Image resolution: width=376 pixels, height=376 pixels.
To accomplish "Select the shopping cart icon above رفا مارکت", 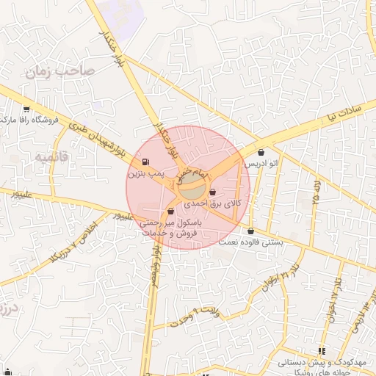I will (26, 107).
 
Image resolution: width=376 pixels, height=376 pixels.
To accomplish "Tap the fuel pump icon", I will (144, 162).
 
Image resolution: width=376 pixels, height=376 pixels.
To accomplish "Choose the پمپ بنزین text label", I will (143, 174).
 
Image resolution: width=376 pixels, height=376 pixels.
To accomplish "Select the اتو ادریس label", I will (261, 162).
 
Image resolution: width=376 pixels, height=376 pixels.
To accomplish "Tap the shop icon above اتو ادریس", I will (261, 152).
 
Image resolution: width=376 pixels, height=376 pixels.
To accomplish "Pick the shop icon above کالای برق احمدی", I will (213, 192).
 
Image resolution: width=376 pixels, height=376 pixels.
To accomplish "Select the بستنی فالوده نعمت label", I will (253, 242).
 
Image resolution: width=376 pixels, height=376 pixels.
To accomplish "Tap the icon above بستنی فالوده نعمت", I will (251, 232).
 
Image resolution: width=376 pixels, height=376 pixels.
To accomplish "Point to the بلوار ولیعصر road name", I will (155, 272).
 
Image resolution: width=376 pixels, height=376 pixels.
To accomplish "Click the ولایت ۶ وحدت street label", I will (195, 318).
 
